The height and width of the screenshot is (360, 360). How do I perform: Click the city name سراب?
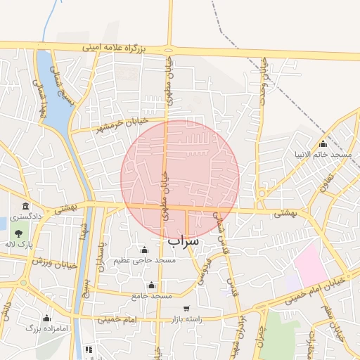click(x=184, y=241)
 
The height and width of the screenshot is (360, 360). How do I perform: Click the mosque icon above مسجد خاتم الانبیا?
click(x=323, y=144)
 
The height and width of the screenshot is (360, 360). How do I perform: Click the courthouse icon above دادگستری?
click(x=26, y=206)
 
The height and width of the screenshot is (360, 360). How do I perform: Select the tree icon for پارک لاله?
click(x=18, y=233)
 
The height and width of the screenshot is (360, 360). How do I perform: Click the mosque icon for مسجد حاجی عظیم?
click(x=144, y=250)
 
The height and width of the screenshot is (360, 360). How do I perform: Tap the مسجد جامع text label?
click(x=152, y=296)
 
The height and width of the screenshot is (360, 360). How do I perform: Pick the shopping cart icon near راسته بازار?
click(x=186, y=308)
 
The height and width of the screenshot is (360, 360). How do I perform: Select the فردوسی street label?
click(x=205, y=267)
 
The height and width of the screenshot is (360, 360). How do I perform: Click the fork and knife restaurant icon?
click(x=89, y=349)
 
